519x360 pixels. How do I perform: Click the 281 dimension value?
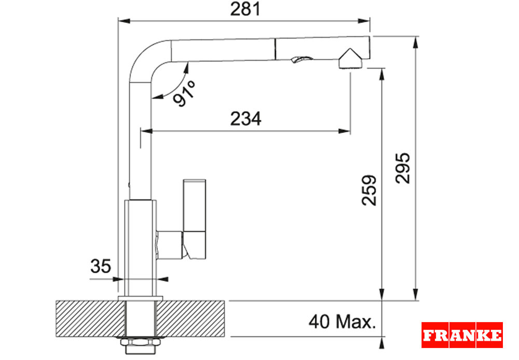pyautogui.click(x=245, y=9)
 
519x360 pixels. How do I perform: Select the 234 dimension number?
pyautogui.click(x=245, y=118)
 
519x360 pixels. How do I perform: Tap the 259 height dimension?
pyautogui.click(x=369, y=190)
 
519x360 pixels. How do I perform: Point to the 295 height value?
pyautogui.click(x=403, y=168)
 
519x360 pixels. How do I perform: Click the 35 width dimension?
pyautogui.click(x=101, y=266)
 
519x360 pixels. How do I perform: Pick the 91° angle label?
pyautogui.click(x=184, y=94)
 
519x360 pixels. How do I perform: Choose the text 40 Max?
pyautogui.click(x=342, y=321)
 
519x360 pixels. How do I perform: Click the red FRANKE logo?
pyautogui.click(x=462, y=335)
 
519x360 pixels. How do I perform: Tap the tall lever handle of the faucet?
pyautogui.click(x=195, y=219)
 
